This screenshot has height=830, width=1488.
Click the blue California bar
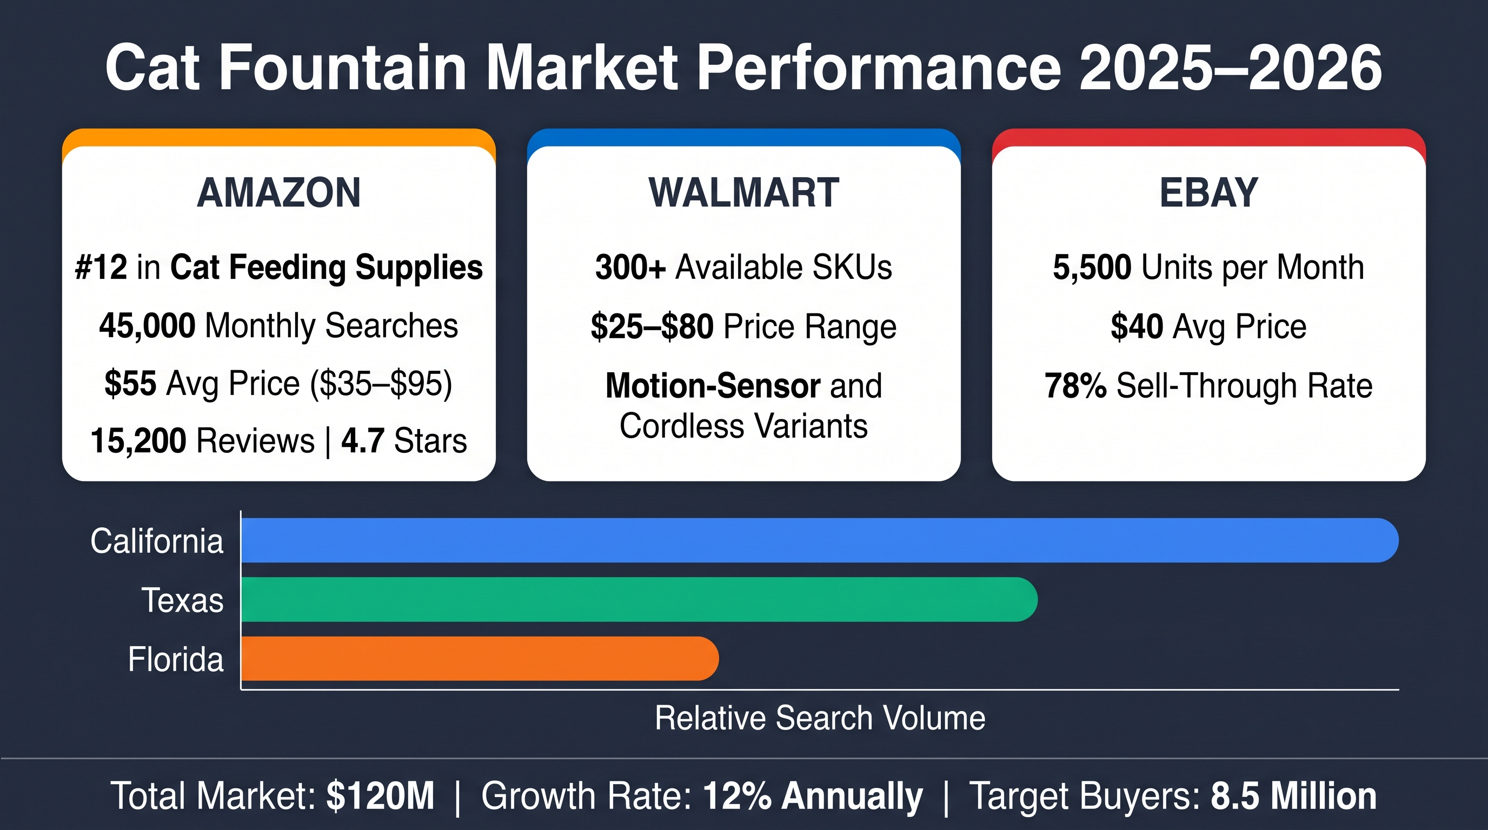pyautogui.click(x=820, y=540)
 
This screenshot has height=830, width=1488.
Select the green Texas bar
pyautogui.click(x=640, y=599)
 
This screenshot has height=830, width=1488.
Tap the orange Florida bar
pyautogui.click(x=480, y=659)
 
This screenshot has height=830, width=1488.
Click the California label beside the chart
pyautogui.click(x=157, y=541)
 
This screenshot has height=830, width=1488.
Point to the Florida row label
pyautogui.click(x=176, y=659)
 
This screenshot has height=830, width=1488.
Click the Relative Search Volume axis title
pyautogui.click(x=820, y=718)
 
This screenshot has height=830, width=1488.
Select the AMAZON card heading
pyautogui.click(x=279, y=192)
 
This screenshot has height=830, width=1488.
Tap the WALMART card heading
pyautogui.click(x=744, y=192)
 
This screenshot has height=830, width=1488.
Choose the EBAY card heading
pyautogui.click(x=1209, y=192)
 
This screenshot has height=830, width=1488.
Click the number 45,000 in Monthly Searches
pyautogui.click(x=147, y=325)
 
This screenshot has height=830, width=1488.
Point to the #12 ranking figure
pyautogui.click(x=101, y=267)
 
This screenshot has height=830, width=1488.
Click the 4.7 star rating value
pyautogui.click(x=363, y=441)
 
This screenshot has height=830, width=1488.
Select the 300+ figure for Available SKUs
pyautogui.click(x=631, y=267)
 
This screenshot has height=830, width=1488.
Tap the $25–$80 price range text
pyautogui.click(x=652, y=326)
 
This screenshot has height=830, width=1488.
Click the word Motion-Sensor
pyautogui.click(x=713, y=386)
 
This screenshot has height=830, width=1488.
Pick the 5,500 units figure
pyautogui.click(x=1092, y=268)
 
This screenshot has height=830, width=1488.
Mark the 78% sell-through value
pyautogui.click(x=1075, y=386)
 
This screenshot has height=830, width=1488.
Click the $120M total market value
pyautogui.click(x=380, y=796)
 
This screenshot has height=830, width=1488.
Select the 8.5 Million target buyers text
pyautogui.click(x=1294, y=796)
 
